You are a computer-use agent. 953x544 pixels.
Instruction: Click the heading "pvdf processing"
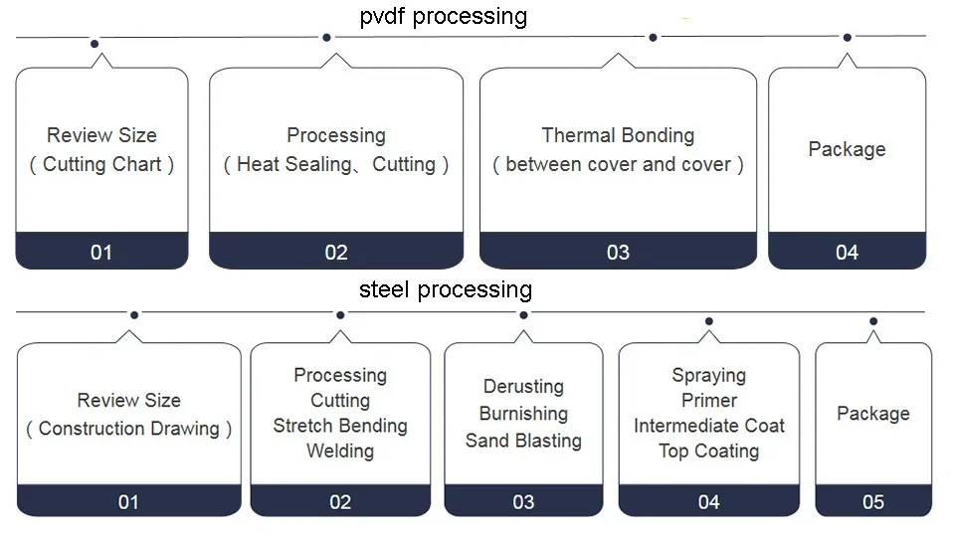pyautogui.click(x=444, y=17)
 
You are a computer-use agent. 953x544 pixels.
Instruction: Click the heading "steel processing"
pyautogui.click(x=446, y=290)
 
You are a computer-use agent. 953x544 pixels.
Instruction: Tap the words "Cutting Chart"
pyautogui.click(x=102, y=164)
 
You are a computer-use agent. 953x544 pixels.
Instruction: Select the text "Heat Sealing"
pyautogui.click(x=294, y=164)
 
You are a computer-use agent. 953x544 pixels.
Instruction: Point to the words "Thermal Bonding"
pyautogui.click(x=618, y=135)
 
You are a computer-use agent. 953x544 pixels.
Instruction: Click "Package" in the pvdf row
pyautogui.click(x=847, y=149)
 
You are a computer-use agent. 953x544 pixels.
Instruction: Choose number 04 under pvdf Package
pyautogui.click(x=847, y=253)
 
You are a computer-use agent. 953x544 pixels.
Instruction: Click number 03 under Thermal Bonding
pyautogui.click(x=618, y=253)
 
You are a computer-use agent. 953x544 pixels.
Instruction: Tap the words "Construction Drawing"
pyautogui.click(x=128, y=429)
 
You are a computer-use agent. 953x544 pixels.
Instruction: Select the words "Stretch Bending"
pyautogui.click(x=340, y=426)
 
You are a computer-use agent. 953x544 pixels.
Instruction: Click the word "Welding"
pyautogui.click(x=340, y=452)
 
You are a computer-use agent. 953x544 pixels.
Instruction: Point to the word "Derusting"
pyautogui.click(x=523, y=387)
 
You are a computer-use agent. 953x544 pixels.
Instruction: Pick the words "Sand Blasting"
pyautogui.click(x=523, y=440)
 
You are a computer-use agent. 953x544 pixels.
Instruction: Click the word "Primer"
pyautogui.click(x=709, y=401)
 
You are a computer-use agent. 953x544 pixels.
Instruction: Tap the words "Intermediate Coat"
pyautogui.click(x=709, y=426)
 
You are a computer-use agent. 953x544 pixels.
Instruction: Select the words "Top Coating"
pyautogui.click(x=709, y=452)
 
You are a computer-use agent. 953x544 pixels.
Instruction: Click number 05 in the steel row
pyautogui.click(x=873, y=502)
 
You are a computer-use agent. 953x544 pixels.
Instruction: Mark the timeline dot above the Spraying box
pyautogui.click(x=709, y=321)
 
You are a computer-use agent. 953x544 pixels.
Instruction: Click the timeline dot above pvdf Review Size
pyautogui.click(x=95, y=44)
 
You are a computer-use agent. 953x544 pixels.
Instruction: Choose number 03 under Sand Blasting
pyautogui.click(x=523, y=502)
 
